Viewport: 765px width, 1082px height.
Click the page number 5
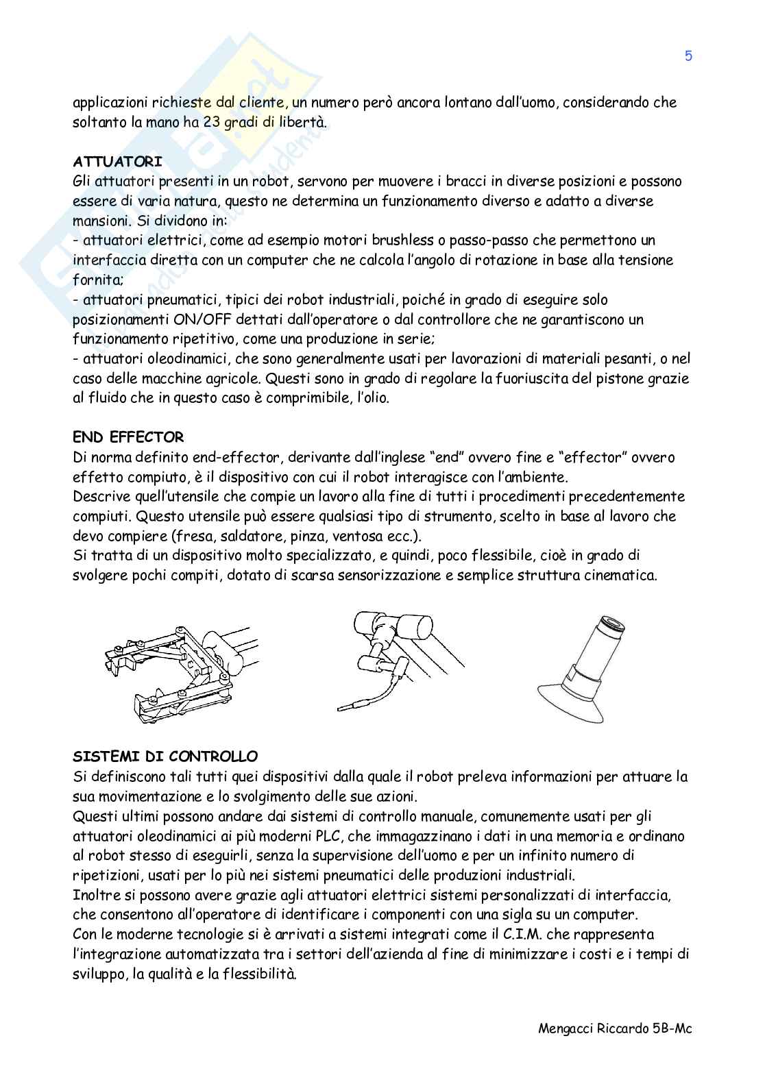tap(688, 56)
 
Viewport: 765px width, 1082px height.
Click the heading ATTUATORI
tap(117, 162)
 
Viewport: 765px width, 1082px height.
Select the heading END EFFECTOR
tap(128, 437)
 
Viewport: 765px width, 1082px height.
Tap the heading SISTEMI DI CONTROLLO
tap(165, 757)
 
